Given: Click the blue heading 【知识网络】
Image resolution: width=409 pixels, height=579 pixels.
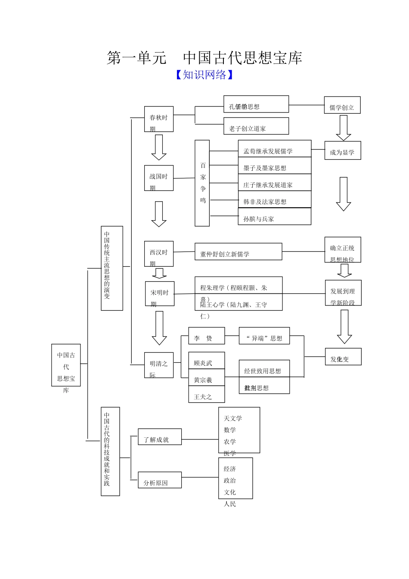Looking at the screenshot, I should (205, 75).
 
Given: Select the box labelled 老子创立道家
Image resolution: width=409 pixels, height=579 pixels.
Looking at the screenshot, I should (256, 126).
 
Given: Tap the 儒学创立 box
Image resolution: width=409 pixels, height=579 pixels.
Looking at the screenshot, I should (342, 105).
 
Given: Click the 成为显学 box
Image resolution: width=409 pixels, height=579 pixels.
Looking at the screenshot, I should (342, 151).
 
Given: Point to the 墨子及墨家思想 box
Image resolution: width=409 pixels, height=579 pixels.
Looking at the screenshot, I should (274, 166).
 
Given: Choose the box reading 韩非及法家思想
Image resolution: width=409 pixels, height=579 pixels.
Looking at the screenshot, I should (274, 200).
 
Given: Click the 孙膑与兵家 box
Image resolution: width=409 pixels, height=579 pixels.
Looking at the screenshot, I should (274, 217).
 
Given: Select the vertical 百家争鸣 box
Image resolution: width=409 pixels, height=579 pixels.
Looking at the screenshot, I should (202, 183).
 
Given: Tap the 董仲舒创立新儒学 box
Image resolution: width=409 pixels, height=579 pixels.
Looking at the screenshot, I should (238, 252).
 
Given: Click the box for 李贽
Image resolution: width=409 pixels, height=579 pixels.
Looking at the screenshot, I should (206, 336).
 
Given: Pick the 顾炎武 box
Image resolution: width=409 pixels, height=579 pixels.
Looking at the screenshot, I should (206, 361).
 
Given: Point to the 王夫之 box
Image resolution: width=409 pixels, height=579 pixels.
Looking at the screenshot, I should (206, 395).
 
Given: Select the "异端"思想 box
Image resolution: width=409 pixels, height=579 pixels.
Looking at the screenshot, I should (264, 336).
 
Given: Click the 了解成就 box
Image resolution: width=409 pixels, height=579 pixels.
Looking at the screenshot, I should (159, 437).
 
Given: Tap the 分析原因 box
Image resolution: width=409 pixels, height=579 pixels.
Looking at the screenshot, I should (159, 480).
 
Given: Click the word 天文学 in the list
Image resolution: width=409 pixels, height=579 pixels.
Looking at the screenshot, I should (233, 418).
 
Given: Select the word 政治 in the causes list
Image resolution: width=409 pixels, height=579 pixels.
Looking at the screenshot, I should (230, 480).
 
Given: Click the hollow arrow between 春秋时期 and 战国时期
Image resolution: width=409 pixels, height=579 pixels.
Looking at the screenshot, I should (159, 147).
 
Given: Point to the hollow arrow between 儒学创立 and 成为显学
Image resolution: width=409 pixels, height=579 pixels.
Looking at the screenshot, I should (343, 128).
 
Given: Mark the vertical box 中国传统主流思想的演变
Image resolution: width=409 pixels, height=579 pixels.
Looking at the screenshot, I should (112, 268).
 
